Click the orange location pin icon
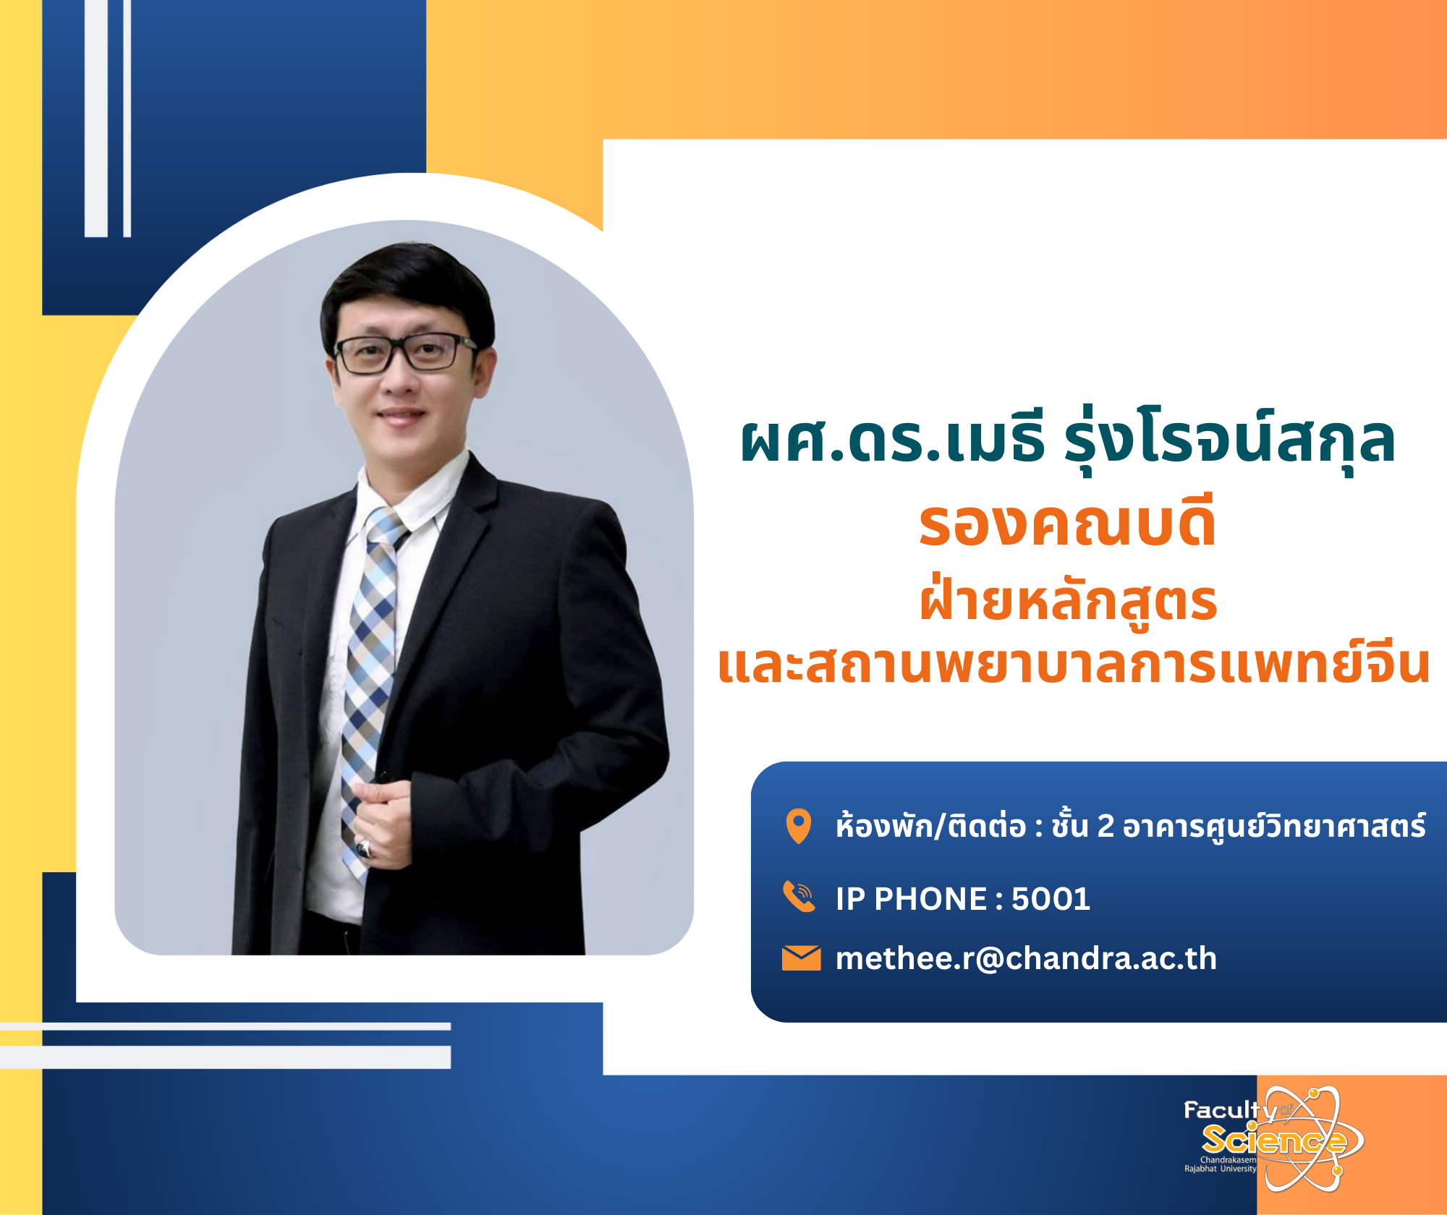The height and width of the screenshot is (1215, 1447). pyautogui.click(x=799, y=825)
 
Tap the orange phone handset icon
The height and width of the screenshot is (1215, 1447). pyautogui.click(x=799, y=897)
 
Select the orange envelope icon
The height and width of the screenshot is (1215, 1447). pyautogui.click(x=801, y=958)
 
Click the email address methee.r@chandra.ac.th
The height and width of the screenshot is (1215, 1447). pyautogui.click(x=1026, y=958)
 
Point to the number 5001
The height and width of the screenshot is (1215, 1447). pyautogui.click(x=1051, y=899)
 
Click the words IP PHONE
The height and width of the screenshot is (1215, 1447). pyautogui.click(x=911, y=899)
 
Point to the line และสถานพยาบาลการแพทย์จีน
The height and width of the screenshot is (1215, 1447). pyautogui.click(x=1074, y=664)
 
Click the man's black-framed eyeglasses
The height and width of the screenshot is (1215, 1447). pyautogui.click(x=405, y=353)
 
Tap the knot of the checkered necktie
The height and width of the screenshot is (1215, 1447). pyautogui.click(x=385, y=526)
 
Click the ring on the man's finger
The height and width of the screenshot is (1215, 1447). pyautogui.click(x=365, y=848)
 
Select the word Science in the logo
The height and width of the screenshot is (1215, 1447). pyautogui.click(x=1274, y=1141)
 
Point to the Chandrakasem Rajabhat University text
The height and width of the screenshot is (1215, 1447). pyautogui.click(x=1221, y=1164)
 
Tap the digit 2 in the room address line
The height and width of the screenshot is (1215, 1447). pyautogui.click(x=1106, y=826)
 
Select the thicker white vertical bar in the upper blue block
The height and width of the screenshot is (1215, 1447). pyautogui.click(x=96, y=118)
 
